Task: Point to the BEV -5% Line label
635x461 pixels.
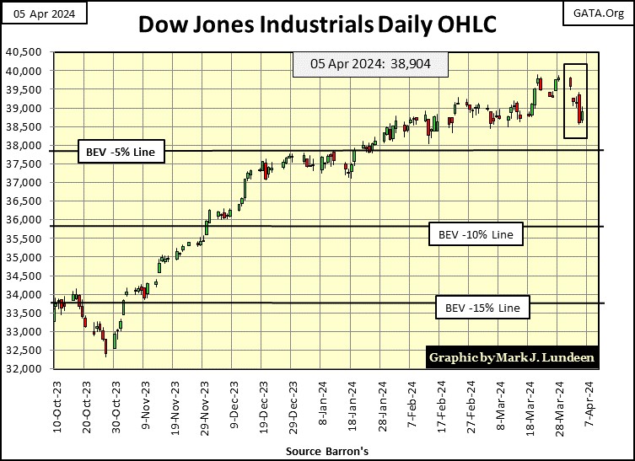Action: pyautogui.click(x=121, y=153)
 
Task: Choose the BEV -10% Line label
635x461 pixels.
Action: pyautogui.click(x=476, y=233)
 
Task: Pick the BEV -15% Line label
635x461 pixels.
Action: pyautogui.click(x=482, y=308)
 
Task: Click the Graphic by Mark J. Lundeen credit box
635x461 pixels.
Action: pyautogui.click(x=512, y=357)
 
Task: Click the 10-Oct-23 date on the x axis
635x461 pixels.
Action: pyautogui.click(x=56, y=406)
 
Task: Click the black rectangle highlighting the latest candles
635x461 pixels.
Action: pyautogui.click(x=575, y=101)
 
